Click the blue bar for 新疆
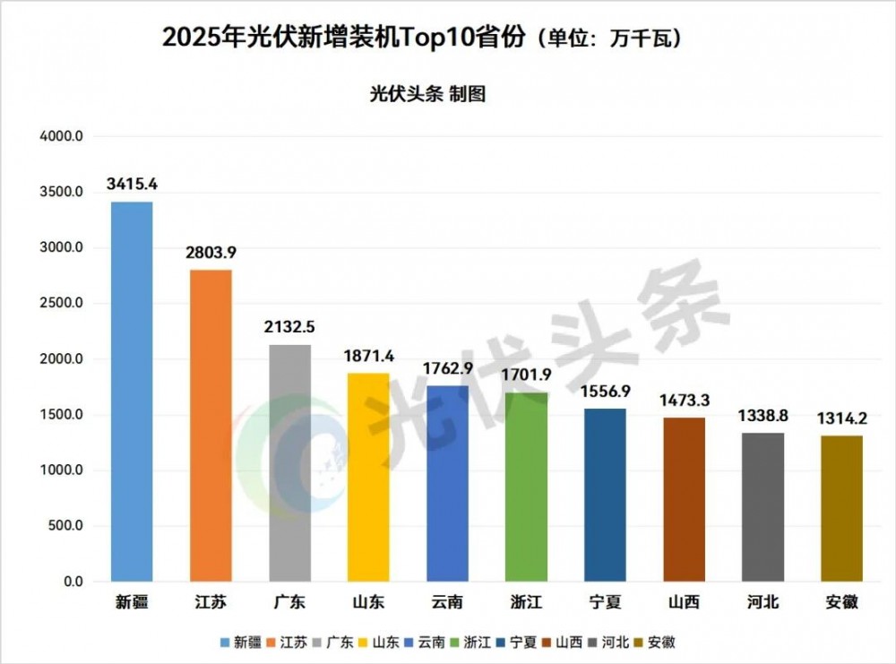[x=132, y=392]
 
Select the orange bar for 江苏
[x=211, y=426]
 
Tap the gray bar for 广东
[x=289, y=462]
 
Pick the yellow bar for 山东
[x=368, y=477]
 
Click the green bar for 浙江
[x=526, y=487]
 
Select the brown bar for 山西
[x=684, y=499]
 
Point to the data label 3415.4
[x=132, y=185]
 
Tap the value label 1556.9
[x=605, y=392]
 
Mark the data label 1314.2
[x=842, y=418]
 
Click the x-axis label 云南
[x=447, y=602]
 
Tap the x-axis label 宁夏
[x=605, y=602]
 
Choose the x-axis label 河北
[x=762, y=602]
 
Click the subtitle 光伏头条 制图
[x=427, y=94]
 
